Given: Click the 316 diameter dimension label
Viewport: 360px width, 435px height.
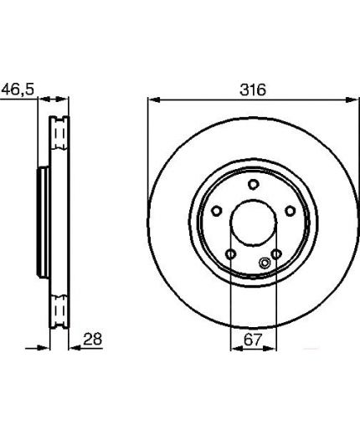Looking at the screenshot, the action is coord(253,90).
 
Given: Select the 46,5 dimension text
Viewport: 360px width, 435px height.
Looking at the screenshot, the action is coord(18,90).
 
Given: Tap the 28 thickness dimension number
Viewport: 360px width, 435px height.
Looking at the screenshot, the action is coord(93,339).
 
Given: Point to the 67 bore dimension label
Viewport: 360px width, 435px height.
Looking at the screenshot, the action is coord(253,340).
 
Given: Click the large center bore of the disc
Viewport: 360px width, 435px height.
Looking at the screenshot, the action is coord(253,223).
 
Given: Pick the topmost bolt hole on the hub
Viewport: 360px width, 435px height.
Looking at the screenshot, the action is coord(254,184).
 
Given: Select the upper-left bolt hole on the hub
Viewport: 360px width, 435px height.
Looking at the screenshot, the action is coord(217,211).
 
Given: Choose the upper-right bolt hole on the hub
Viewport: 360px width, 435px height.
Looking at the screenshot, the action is coord(291,211).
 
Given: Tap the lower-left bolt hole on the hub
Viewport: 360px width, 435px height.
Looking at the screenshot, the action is coord(231,254).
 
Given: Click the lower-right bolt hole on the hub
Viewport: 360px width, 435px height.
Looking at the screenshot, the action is coord(276,254).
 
